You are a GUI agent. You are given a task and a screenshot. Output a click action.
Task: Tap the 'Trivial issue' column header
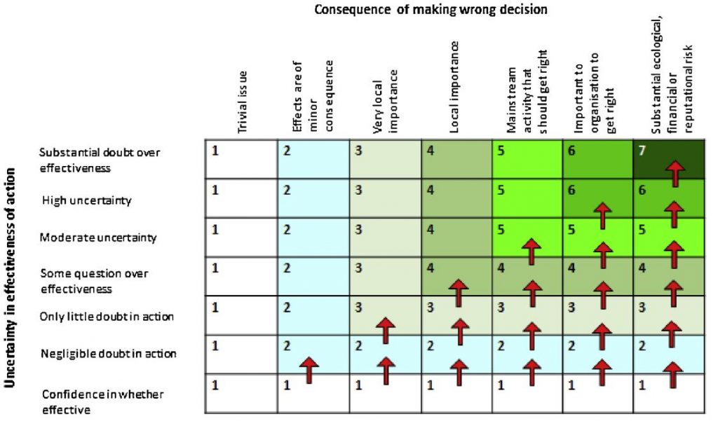point(243,102)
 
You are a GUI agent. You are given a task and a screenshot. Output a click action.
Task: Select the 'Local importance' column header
point(454,87)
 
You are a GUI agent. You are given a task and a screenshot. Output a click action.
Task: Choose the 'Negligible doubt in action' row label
point(108,354)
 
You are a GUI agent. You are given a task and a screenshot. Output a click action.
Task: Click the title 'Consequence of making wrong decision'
point(431,10)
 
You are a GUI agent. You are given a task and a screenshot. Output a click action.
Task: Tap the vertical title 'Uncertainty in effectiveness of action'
point(12,281)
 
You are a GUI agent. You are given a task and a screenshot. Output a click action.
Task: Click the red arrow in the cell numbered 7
point(675,172)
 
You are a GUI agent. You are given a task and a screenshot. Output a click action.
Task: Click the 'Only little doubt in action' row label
point(107,317)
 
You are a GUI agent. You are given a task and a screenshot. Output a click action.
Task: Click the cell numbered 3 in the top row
point(384,159)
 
